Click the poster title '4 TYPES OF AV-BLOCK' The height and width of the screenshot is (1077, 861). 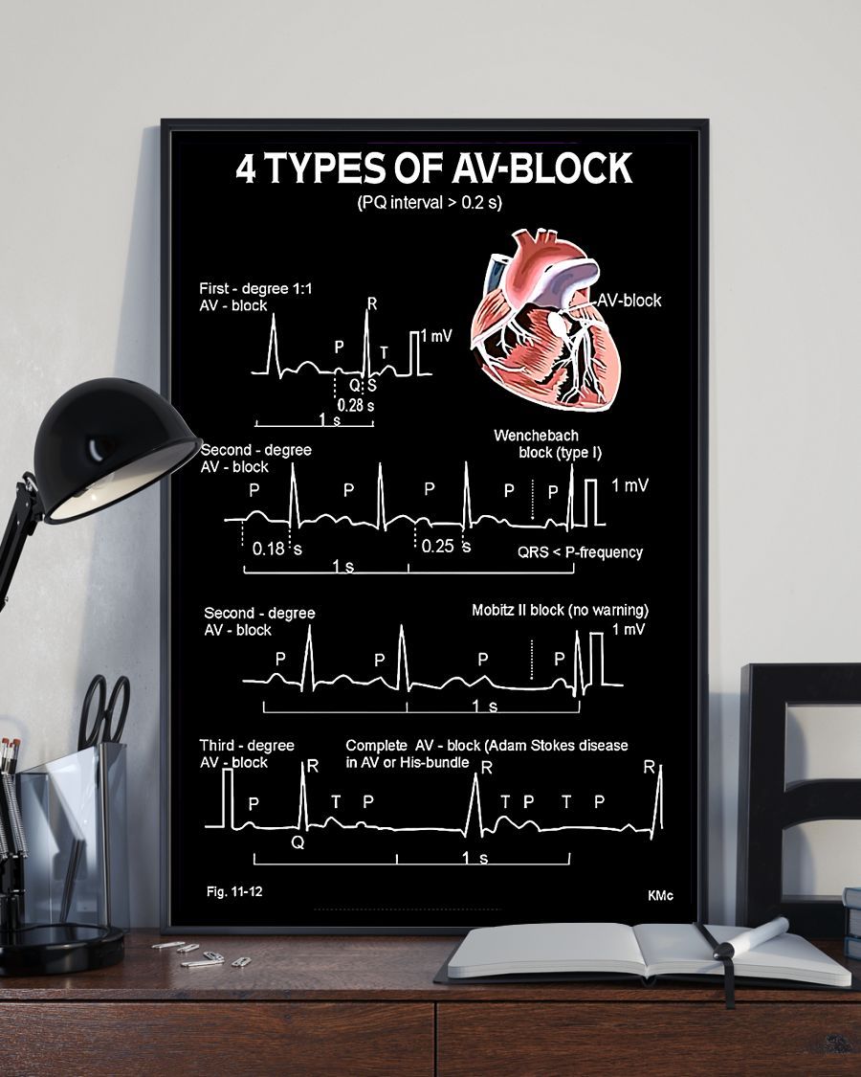433,168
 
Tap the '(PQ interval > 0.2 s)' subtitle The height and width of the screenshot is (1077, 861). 430,202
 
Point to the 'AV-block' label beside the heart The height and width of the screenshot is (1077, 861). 629,301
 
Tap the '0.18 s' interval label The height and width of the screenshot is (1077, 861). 276,550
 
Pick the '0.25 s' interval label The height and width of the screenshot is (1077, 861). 445,546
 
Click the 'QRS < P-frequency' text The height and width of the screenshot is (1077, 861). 581,552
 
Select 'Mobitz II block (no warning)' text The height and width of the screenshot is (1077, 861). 561,611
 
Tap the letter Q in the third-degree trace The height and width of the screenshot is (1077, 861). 298,841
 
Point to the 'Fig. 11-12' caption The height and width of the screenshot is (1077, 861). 234,892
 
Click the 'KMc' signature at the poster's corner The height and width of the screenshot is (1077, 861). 660,896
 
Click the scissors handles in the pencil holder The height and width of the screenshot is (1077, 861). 104,708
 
